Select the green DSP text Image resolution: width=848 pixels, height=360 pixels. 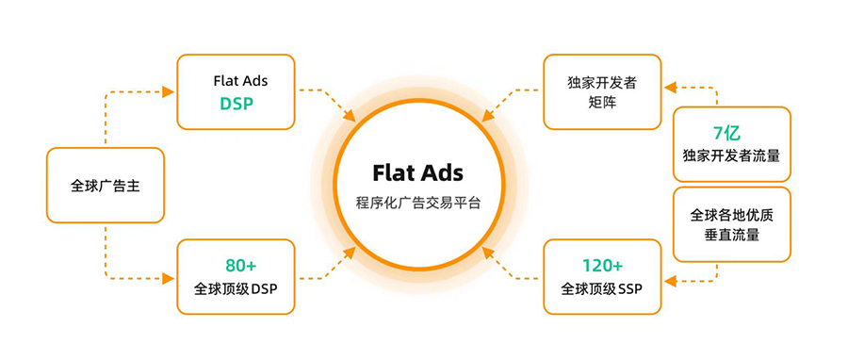coord(236,105)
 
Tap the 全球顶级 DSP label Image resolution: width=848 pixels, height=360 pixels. coord(236,288)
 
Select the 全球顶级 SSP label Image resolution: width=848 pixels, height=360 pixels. coord(601,288)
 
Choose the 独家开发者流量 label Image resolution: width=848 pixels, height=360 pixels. coord(731,155)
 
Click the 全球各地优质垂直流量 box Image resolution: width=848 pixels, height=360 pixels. coord(731,223)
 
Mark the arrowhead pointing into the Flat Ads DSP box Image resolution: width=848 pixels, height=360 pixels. coord(170,91)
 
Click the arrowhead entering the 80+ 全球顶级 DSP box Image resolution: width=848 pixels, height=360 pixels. coord(170,277)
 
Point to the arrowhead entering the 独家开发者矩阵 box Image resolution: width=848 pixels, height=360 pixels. coord(670,88)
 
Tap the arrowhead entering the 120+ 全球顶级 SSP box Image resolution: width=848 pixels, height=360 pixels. coord(670,279)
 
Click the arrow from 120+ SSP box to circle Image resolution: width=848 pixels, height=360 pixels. coord(510,267)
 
